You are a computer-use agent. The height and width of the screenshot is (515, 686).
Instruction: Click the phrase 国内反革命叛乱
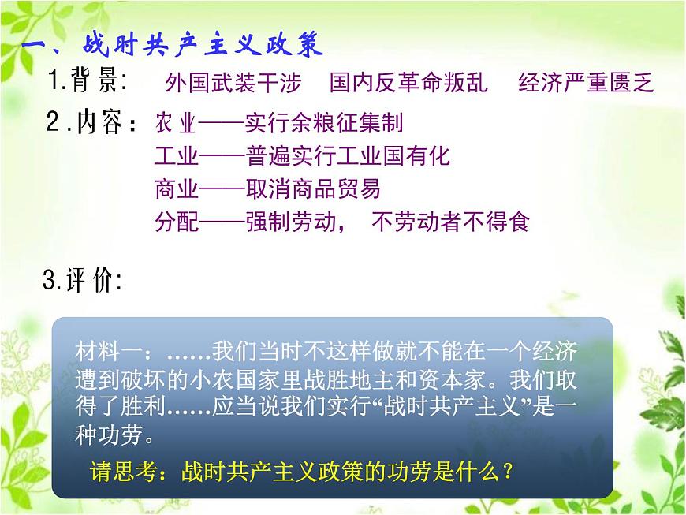(x=408, y=83)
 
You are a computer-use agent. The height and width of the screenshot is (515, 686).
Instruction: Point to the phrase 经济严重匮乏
(x=587, y=83)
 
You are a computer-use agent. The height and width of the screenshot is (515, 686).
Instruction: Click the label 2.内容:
(x=93, y=123)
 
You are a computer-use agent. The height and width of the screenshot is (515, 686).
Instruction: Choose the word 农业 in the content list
(x=176, y=123)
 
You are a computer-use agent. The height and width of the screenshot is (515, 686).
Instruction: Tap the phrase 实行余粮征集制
(x=323, y=123)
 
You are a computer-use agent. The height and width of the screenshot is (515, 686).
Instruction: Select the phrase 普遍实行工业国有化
(x=348, y=156)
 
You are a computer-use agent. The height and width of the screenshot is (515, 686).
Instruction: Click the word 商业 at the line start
(x=176, y=189)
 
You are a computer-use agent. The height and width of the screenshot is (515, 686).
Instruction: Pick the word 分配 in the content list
(x=176, y=222)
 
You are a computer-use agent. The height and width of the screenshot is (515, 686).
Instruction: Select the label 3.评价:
(x=82, y=281)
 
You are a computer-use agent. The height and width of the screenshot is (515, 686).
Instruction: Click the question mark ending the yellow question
(x=508, y=472)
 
